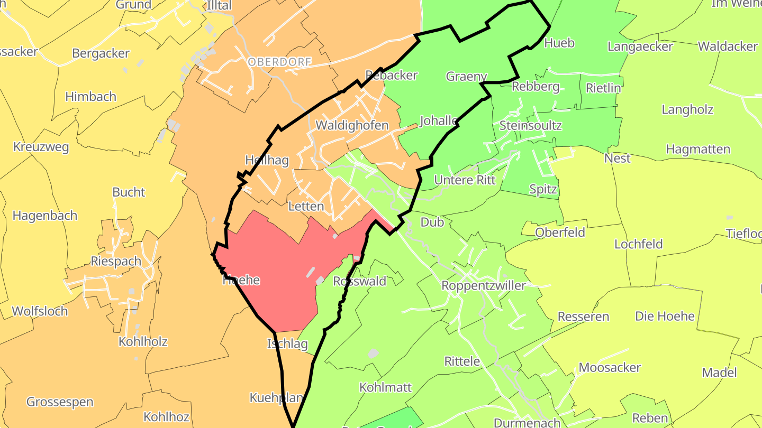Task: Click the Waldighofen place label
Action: (x=352, y=126)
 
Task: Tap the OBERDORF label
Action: (x=279, y=62)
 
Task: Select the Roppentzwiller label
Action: (x=484, y=286)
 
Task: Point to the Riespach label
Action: (x=116, y=261)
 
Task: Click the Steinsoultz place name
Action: (x=530, y=126)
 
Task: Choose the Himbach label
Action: (x=90, y=97)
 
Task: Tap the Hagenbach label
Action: (x=45, y=216)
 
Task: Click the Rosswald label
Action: (x=360, y=281)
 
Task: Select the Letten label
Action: (x=306, y=206)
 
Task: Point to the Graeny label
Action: (x=466, y=76)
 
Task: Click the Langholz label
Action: (x=687, y=110)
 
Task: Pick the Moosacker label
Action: (x=610, y=367)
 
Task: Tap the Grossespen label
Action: (x=60, y=402)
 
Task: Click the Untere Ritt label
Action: (x=465, y=180)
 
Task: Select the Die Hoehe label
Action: (x=665, y=317)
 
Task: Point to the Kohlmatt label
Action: (x=385, y=387)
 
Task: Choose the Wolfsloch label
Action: (x=40, y=311)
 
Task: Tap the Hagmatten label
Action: (x=698, y=150)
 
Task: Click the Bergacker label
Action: (x=101, y=53)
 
